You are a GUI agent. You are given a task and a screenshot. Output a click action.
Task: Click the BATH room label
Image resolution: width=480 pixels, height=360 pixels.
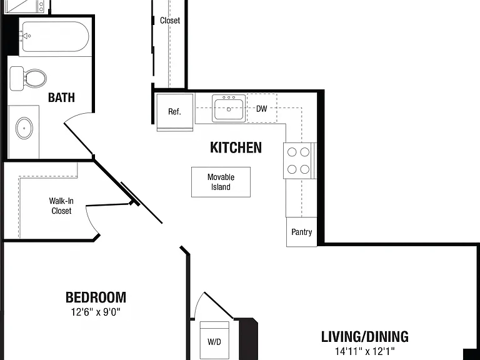[x=61, y=97]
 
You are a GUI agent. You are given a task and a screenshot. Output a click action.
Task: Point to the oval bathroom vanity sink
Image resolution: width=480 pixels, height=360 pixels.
[x=24, y=128]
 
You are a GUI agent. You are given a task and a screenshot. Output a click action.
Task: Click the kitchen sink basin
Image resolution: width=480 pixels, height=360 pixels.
[x=229, y=108]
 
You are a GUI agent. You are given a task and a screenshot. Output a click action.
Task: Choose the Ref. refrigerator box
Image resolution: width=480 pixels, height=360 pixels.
[x=175, y=112]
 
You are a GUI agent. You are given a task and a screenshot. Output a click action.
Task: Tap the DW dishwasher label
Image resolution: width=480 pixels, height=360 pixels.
[x=262, y=109]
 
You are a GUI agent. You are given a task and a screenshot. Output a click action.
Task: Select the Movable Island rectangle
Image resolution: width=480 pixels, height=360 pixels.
[x=221, y=182]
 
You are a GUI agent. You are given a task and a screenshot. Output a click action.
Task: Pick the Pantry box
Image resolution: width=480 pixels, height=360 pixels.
[x=301, y=232]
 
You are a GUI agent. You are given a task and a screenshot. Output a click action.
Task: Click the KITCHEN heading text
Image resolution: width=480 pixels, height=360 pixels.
[x=236, y=147]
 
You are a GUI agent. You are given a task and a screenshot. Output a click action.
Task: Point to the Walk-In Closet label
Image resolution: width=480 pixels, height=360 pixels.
[x=61, y=206]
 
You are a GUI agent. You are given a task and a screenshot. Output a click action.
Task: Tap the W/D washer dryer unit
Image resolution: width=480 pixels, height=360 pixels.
[x=214, y=341]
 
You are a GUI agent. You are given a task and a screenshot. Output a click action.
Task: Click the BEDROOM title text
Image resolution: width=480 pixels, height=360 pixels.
[x=96, y=297]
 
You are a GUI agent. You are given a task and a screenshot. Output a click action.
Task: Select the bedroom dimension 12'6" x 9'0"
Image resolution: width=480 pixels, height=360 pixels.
[x=96, y=312]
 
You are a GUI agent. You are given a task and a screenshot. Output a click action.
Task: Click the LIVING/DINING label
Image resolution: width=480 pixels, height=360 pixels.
[x=364, y=336]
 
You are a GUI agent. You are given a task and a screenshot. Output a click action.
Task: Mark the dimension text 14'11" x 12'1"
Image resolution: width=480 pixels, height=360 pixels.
[x=364, y=351]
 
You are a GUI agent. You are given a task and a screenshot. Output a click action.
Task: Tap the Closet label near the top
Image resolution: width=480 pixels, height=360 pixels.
[x=170, y=21]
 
